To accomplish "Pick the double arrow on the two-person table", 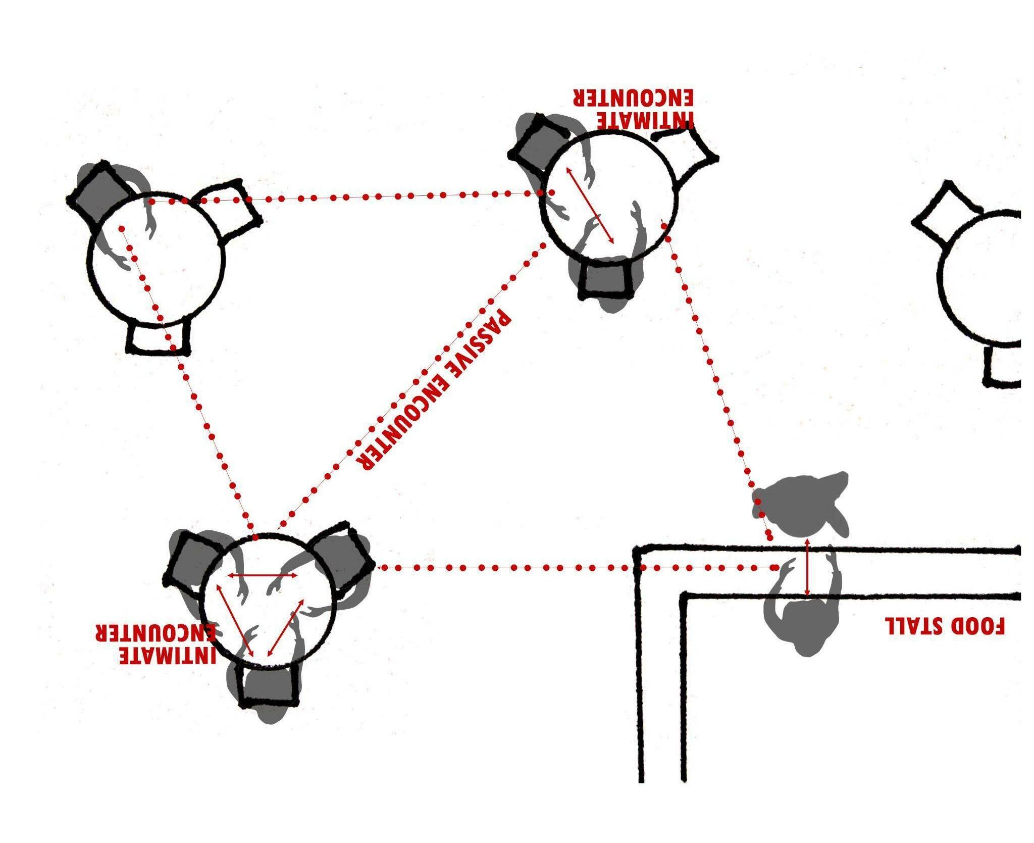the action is [589, 206].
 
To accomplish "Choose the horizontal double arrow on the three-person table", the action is [262, 575].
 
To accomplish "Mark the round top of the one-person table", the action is [157, 260].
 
